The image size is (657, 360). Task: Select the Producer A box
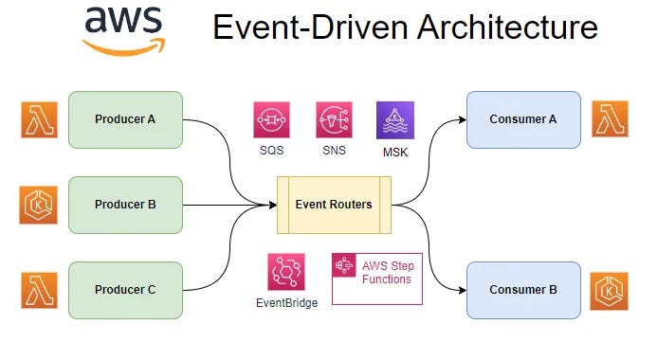point(126,119)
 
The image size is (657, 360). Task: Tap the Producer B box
point(126,205)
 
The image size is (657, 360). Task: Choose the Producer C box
point(126,290)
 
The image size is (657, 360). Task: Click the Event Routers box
point(333,205)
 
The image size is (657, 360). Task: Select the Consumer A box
point(523,119)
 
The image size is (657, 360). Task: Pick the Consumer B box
point(523,290)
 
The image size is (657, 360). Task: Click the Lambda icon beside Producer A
point(39,119)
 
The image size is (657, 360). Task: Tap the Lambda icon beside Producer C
point(39,290)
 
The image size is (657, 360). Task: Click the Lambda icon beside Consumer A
point(611,119)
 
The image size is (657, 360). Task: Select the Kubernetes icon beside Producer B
point(39,205)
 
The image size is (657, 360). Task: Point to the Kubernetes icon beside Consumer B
point(611,290)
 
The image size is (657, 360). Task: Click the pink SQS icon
point(272,120)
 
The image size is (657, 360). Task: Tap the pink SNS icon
point(334,120)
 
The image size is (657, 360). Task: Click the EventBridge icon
point(286,273)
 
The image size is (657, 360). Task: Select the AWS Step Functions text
point(387,272)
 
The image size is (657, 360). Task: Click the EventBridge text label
point(286,303)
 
